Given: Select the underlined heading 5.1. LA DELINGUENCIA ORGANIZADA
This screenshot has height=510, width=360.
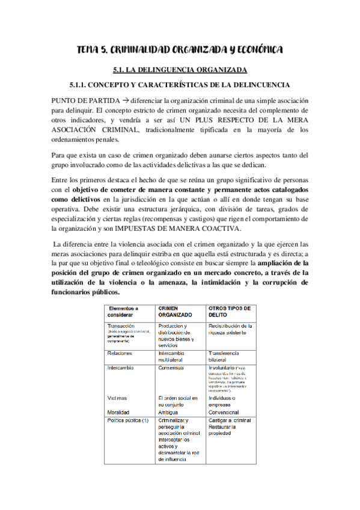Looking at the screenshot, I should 180,70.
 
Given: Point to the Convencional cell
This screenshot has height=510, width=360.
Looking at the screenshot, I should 226,413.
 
